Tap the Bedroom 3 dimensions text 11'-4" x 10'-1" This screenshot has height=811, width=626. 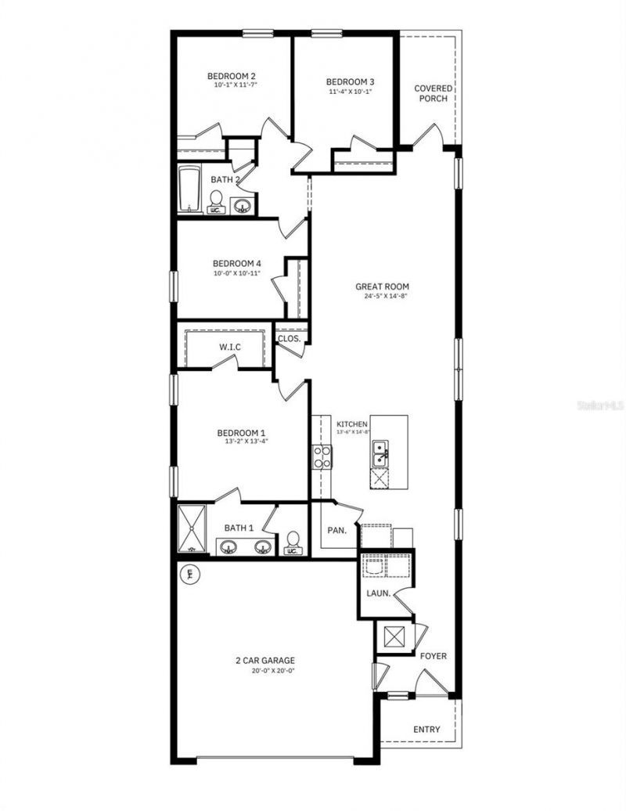[350, 92]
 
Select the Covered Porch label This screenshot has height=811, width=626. [433, 93]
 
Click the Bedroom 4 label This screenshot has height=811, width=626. [236, 264]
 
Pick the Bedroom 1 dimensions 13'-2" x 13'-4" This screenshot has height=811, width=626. [241, 441]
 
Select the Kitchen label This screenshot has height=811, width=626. [351, 424]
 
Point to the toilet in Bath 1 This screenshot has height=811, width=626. [293, 542]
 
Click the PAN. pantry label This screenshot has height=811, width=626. [336, 530]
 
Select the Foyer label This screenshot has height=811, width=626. [433, 656]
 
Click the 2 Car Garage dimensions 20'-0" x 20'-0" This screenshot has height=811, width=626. [265, 671]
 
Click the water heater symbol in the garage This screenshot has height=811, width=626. [189, 575]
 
